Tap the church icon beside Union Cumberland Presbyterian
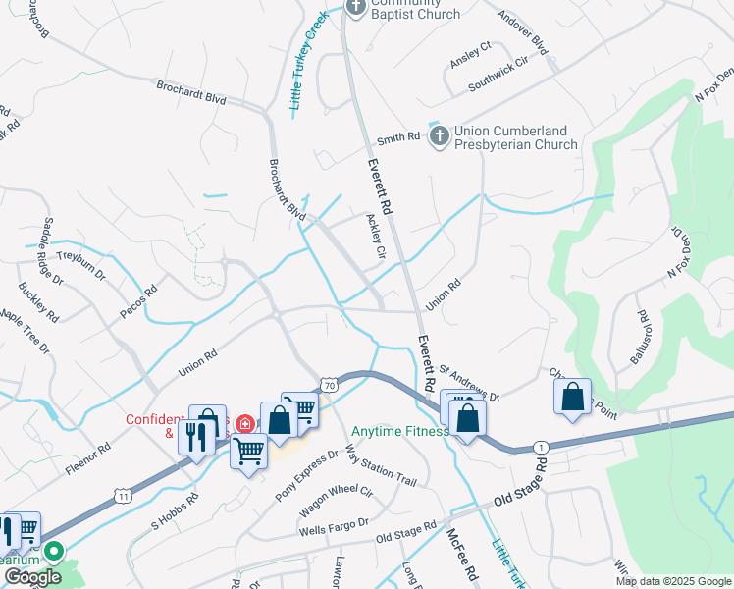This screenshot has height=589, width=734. tap(441, 135)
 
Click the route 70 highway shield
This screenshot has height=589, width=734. tap(329, 386)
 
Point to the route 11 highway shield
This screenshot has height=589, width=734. tap(122, 497)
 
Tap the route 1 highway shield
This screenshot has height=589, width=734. tap(541, 447)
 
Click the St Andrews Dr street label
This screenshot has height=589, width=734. tap(469, 383)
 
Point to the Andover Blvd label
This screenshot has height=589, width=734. tap(522, 31)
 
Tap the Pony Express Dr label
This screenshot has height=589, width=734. tap(307, 473)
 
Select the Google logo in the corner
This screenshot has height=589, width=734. tap(32, 577)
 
